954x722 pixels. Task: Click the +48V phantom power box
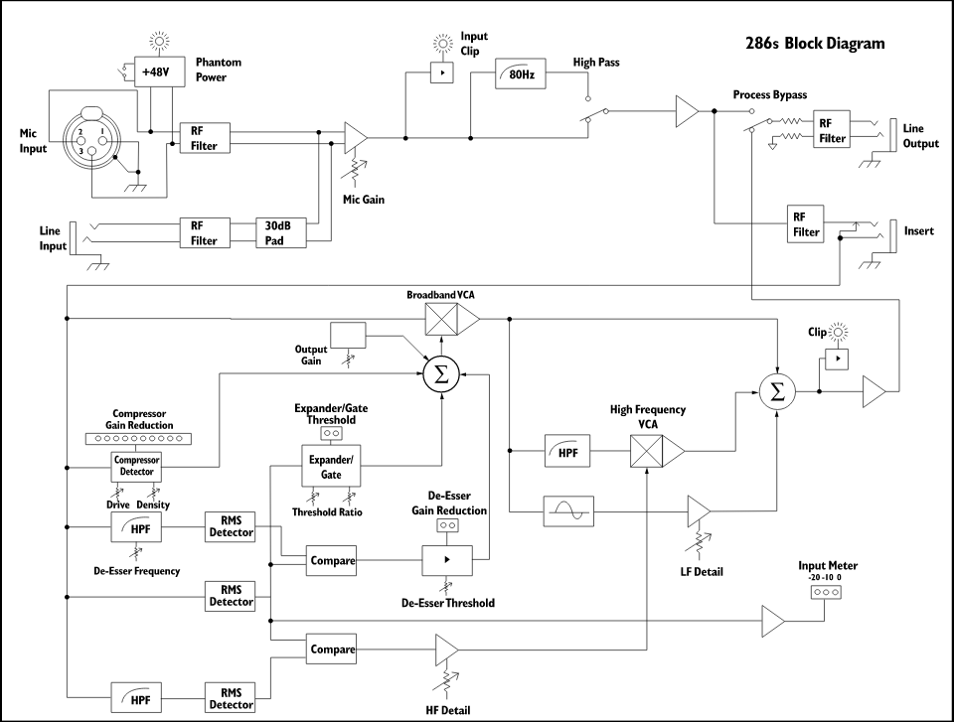(156, 72)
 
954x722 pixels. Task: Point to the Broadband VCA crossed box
(441, 319)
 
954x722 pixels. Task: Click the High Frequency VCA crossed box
(648, 453)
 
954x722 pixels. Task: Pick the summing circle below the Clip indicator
(778, 392)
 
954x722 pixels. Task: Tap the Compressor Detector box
(136, 465)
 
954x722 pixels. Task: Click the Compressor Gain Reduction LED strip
(136, 438)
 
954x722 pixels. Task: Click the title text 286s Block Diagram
(814, 44)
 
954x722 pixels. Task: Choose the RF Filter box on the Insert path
(806, 224)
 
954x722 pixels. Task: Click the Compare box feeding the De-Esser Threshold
(332, 561)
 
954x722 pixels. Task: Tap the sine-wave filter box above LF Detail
(569, 511)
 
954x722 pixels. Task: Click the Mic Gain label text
(364, 199)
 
